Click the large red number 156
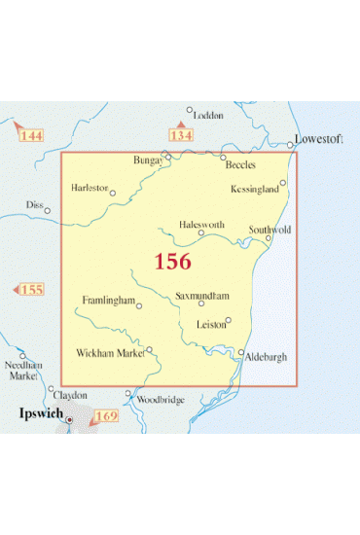172,262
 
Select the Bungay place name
151,159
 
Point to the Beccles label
238,166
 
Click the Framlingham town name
108,300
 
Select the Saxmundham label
202,295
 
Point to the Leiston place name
211,325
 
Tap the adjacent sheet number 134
181,135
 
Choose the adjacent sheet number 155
31,290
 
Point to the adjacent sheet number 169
105,417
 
